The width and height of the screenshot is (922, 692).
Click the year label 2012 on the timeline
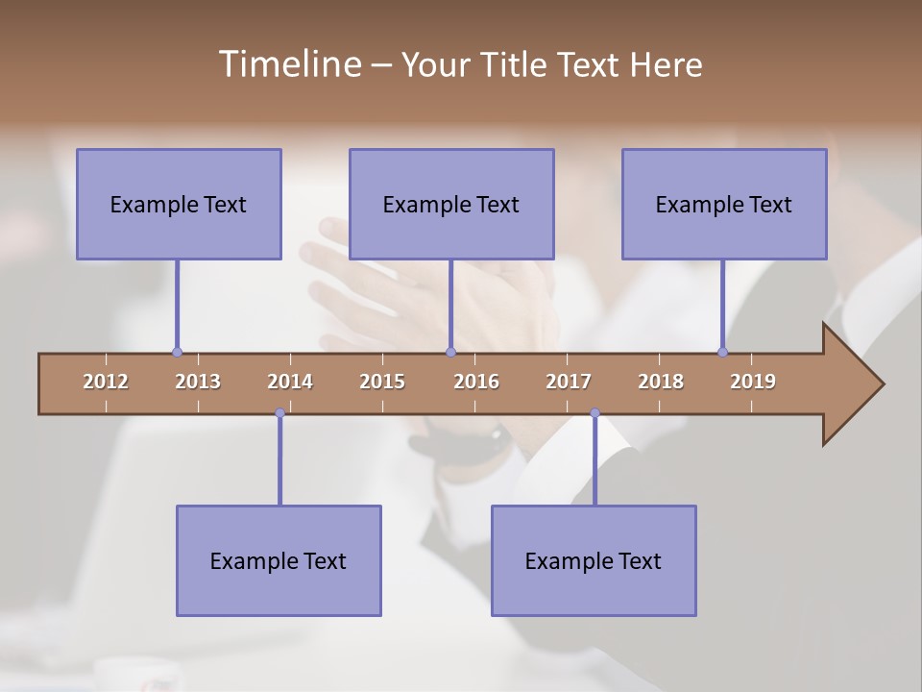106,382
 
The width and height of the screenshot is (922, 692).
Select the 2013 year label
198,382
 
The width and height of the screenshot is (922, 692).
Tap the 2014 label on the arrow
290,382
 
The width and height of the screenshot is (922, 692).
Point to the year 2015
382,382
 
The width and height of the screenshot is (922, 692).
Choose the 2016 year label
476,382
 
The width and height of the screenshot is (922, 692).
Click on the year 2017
569,382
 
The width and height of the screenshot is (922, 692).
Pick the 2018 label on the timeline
661,382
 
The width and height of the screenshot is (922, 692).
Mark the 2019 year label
753,382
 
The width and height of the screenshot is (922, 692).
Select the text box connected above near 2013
179,204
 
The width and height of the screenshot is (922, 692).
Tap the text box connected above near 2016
451,204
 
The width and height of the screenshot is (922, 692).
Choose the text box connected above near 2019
724,204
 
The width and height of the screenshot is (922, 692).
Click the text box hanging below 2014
279,560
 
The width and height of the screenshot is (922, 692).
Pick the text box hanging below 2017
594,560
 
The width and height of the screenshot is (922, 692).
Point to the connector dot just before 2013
177,352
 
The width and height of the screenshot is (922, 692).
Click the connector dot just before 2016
450,352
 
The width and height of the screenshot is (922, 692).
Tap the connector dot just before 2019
722,352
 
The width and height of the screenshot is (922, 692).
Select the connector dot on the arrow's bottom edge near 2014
279,413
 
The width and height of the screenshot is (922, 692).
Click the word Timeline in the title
288,64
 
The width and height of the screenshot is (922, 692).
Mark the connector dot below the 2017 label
594,413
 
